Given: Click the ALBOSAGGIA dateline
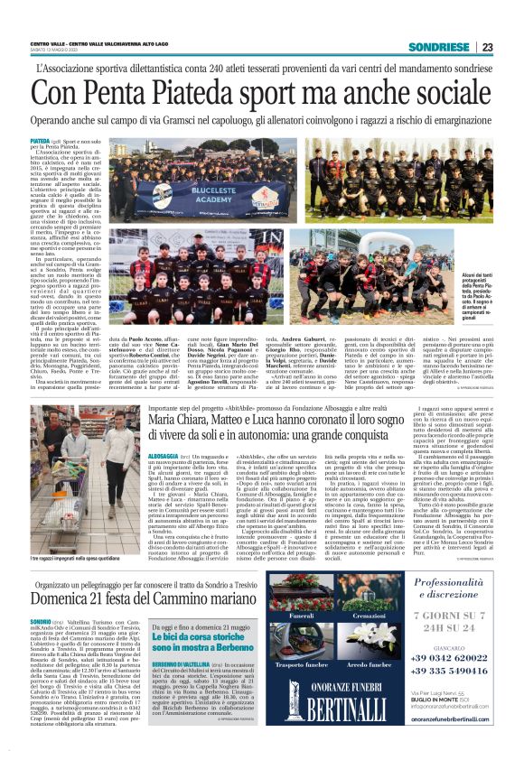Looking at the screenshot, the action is click(137, 458).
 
